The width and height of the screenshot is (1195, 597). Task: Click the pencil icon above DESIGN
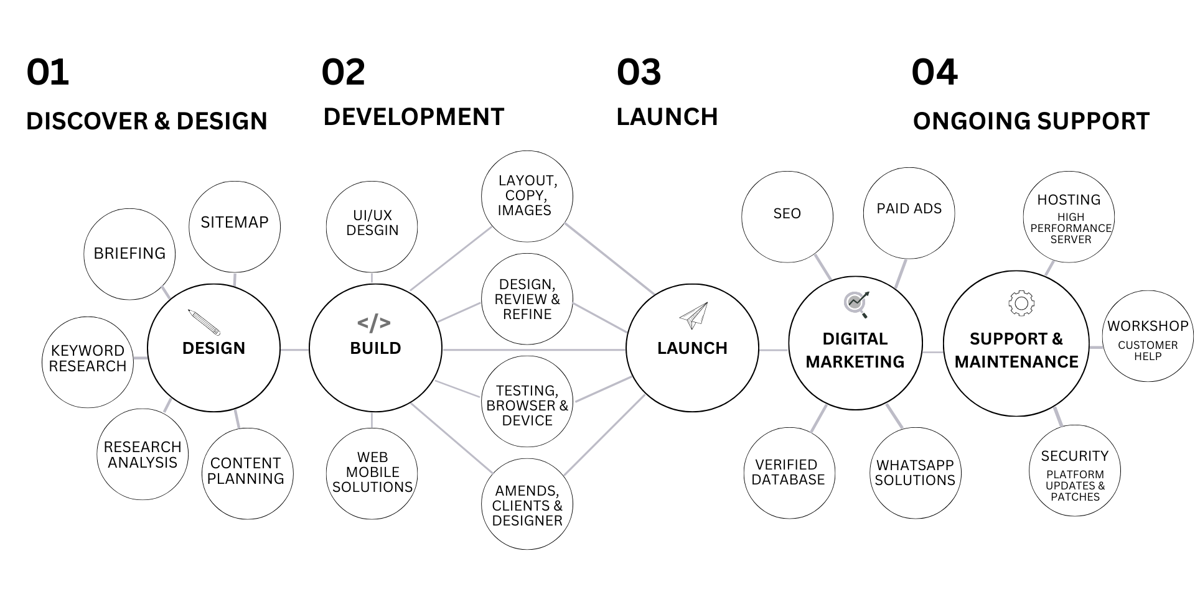(x=204, y=322)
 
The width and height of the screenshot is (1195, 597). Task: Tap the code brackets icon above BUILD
(x=374, y=323)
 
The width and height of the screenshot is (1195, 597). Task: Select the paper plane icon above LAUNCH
(x=693, y=316)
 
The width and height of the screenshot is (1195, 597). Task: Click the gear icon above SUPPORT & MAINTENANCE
(x=1021, y=303)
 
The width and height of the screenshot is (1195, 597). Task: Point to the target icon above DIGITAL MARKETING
(x=856, y=304)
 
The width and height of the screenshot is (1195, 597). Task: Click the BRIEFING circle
(x=129, y=254)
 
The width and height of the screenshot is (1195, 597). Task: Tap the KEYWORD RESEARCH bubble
(x=88, y=359)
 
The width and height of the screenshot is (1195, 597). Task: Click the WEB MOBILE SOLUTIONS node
(x=372, y=473)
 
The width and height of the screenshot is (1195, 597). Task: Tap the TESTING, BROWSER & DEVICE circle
(x=527, y=405)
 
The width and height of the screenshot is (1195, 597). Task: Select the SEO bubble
(x=787, y=214)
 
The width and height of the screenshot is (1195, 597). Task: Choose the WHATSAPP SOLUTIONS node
(x=915, y=473)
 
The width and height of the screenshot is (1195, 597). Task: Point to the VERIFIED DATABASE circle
(x=788, y=473)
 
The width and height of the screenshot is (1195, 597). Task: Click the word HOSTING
(x=1069, y=200)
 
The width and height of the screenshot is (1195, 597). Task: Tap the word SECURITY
(x=1075, y=456)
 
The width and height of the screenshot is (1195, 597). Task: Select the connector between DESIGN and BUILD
(x=294, y=349)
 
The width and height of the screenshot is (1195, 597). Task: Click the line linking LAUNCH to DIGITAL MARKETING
(x=774, y=349)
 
